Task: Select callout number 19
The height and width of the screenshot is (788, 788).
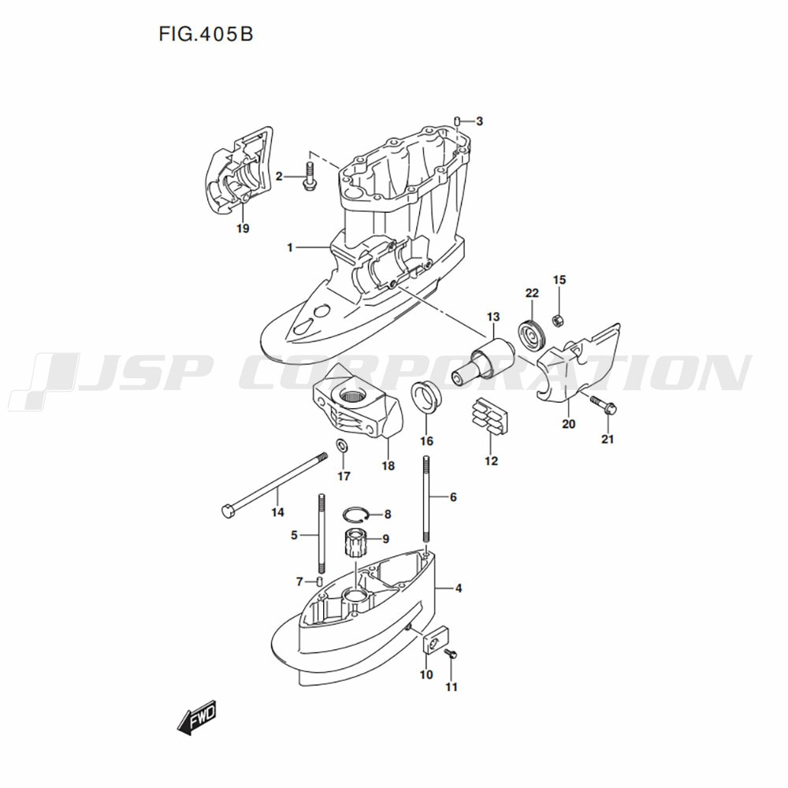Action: pyautogui.click(x=243, y=229)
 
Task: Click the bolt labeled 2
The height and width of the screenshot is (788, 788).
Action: pyautogui.click(x=308, y=176)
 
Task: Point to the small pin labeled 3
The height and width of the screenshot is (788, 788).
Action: pyautogui.click(x=457, y=121)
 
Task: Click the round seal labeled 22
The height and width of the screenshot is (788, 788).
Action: pyautogui.click(x=533, y=335)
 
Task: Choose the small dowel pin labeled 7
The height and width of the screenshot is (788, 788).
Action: pyautogui.click(x=320, y=582)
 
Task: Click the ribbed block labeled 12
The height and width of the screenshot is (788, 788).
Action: pyautogui.click(x=489, y=418)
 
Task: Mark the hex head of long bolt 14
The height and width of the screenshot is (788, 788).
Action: pyautogui.click(x=228, y=511)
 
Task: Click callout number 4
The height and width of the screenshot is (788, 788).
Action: pyautogui.click(x=459, y=589)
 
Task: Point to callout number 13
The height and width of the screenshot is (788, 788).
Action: pyautogui.click(x=492, y=317)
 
